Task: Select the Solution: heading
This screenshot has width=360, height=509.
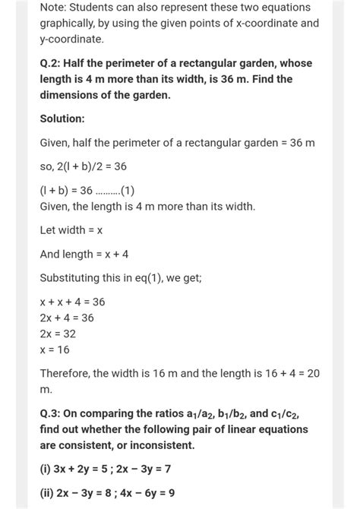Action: click(x=62, y=120)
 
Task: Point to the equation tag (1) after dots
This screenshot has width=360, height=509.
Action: click(x=124, y=191)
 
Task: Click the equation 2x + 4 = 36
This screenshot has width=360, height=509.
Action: click(x=67, y=318)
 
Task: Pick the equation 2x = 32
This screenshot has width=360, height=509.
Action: click(x=58, y=334)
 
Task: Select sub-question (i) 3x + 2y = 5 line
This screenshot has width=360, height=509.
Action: click(x=105, y=469)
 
